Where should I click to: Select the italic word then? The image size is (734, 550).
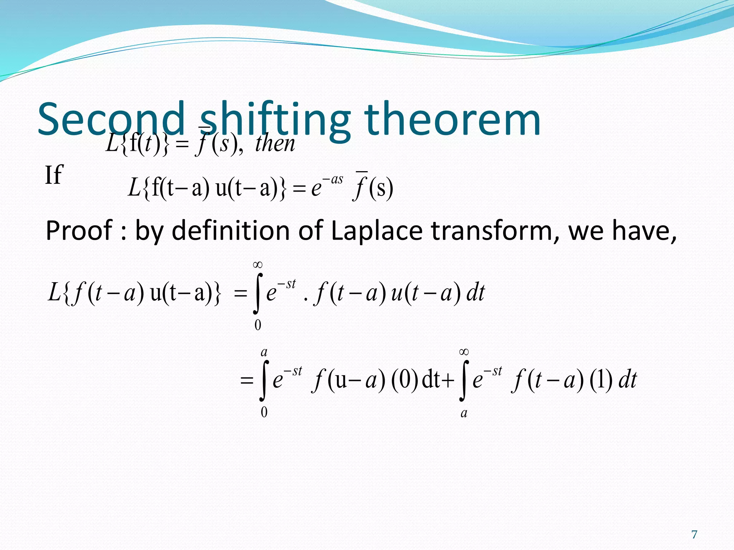click(x=275, y=144)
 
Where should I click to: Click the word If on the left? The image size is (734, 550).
click(x=54, y=175)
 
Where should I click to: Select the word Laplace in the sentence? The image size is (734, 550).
click(x=376, y=231)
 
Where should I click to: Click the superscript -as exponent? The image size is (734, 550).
click(x=333, y=179)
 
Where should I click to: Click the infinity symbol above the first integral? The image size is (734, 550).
click(x=258, y=265)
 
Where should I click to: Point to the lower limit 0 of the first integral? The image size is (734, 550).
click(x=258, y=325)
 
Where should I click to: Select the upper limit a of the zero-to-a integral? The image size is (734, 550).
click(x=264, y=352)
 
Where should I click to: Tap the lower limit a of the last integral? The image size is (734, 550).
click(x=464, y=413)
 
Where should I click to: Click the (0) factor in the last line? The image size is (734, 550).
click(x=405, y=380)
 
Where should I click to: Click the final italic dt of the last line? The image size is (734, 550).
click(x=628, y=380)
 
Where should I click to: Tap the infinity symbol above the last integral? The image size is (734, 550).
click(x=464, y=352)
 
